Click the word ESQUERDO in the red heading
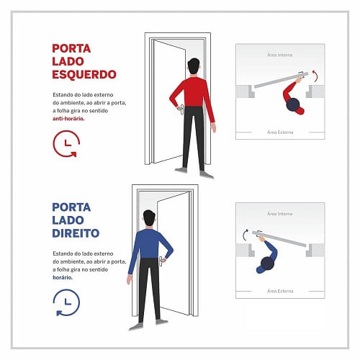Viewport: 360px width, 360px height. pos(84,74)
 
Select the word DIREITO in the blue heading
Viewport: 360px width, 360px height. pos(76,233)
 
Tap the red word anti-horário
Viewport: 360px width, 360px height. pos(68,119)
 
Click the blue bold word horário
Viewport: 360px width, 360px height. pos(63,277)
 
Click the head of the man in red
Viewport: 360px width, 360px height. pos(194,66)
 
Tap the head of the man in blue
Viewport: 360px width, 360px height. pos(149,218)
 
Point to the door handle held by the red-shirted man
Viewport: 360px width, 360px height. pos(181,109)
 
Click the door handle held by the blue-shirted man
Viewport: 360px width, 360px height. pos(161,261)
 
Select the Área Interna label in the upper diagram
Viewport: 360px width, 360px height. pos(280,55)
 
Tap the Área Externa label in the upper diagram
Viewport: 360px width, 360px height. pos(280,132)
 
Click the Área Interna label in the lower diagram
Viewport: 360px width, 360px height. pos(280,214)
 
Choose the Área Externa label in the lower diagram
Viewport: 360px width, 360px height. pos(280,291)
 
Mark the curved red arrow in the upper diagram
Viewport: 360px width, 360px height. pos(317,75)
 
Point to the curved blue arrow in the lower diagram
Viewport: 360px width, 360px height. pos(243,235)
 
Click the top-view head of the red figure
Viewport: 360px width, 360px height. pos(293,104)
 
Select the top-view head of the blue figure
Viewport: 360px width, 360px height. pos(267,264)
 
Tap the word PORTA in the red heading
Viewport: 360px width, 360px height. pos(71,48)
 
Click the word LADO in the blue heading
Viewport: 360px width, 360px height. pos(68,220)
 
